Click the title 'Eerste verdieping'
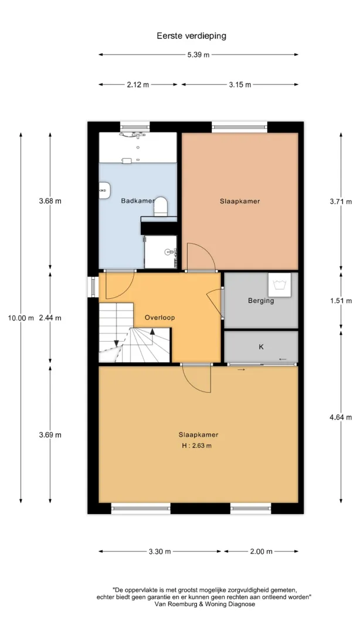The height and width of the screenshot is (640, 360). (x=191, y=36)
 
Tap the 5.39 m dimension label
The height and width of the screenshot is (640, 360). (x=198, y=55)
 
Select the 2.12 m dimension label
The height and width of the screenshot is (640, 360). (x=138, y=85)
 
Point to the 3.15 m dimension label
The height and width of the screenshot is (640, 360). (x=240, y=85)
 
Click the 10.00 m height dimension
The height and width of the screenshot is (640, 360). (x=21, y=318)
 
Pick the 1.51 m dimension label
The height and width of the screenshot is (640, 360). (x=341, y=301)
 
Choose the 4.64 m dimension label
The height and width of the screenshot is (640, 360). (x=341, y=417)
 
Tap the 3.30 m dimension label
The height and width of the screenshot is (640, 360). (x=160, y=552)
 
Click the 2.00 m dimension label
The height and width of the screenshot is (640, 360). (x=261, y=552)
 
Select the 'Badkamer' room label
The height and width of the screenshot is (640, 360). (x=138, y=201)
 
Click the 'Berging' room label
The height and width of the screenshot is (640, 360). (x=261, y=301)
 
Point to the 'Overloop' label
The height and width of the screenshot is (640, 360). (x=160, y=318)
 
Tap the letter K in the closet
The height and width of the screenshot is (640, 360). (x=261, y=347)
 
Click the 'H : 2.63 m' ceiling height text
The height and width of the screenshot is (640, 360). (x=197, y=445)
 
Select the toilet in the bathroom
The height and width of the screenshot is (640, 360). (x=161, y=206)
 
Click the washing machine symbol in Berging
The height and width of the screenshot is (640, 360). (x=280, y=284)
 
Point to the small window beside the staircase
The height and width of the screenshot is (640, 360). (x=93, y=287)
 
